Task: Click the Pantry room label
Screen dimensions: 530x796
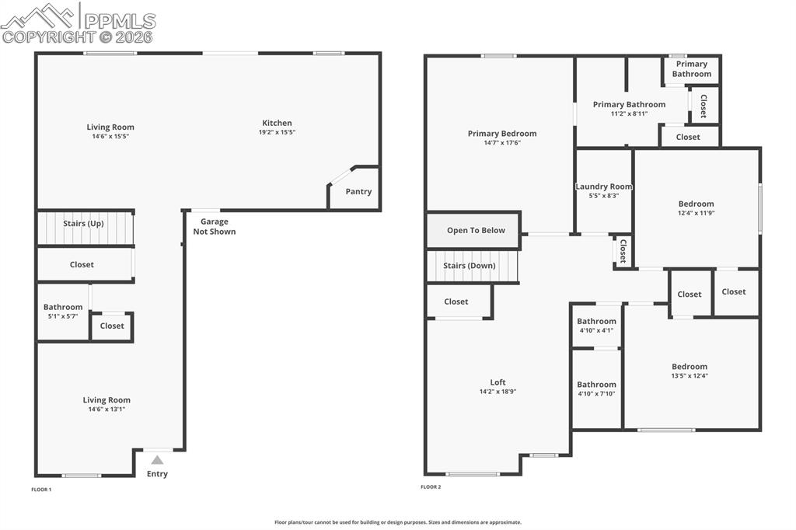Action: coord(358,191)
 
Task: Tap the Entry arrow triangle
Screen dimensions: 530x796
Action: coord(157,460)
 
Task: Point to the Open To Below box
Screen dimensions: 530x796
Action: coord(475,230)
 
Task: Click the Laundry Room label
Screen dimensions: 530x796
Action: coord(604,187)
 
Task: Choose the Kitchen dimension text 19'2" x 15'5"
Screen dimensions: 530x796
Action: coord(277,132)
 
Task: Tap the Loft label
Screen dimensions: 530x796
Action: coord(497,382)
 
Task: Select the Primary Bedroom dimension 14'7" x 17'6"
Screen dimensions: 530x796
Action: coord(502,142)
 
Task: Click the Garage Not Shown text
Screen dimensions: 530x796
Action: coord(214,226)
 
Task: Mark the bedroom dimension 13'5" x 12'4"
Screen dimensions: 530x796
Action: coord(690,375)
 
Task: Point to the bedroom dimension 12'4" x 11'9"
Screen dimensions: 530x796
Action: coord(696,213)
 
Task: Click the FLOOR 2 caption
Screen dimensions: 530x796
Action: coord(431,486)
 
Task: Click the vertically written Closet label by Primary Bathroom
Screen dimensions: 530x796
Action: coord(704,106)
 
